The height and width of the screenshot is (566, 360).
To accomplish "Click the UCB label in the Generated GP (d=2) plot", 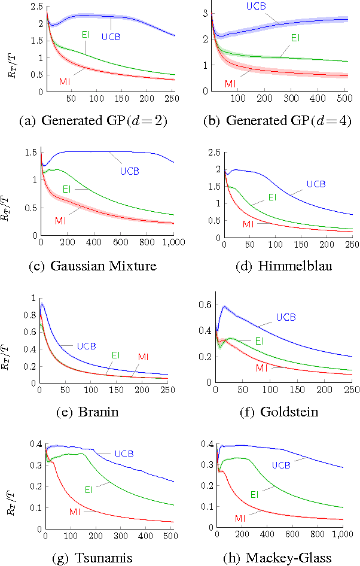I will coord(111,37).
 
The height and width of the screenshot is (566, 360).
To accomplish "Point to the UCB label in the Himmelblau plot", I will coord(316,184).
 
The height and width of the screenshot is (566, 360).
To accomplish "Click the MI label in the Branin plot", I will coord(143,357).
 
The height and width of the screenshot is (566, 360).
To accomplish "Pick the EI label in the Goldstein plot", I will coord(260,341).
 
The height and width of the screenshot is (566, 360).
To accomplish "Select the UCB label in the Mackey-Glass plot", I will coord(282,464).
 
